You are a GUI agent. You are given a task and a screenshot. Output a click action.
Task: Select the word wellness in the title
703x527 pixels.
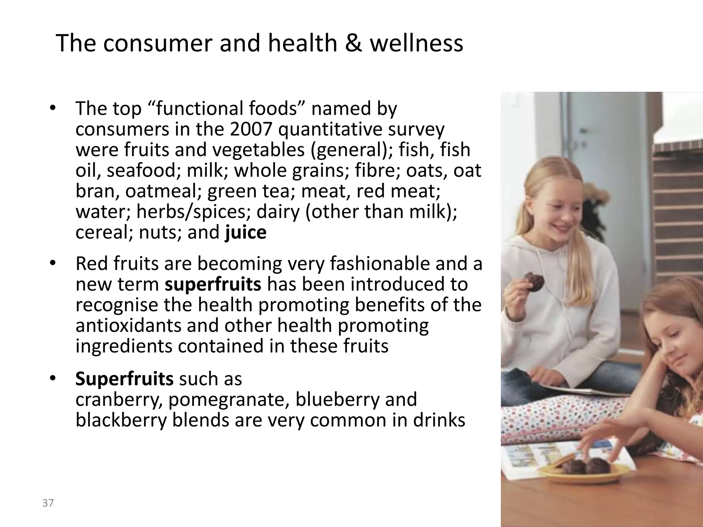[416, 44]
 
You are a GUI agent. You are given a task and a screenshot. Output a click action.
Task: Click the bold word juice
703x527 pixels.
[245, 233]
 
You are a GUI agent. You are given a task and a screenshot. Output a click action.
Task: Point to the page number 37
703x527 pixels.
[48, 503]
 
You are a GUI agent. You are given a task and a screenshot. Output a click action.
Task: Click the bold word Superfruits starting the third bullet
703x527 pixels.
[124, 379]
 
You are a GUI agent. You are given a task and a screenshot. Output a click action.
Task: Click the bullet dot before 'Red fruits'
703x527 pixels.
[52, 263]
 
